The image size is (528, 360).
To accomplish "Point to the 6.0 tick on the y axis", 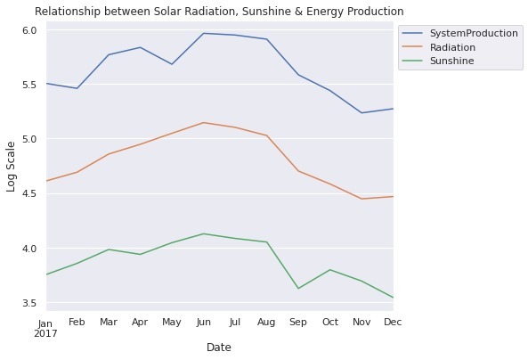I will [x=28, y=30].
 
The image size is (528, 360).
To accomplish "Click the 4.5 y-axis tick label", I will [x=28, y=193].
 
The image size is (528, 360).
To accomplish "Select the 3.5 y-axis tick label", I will [x=28, y=303].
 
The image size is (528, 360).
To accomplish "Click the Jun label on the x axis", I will [x=204, y=322].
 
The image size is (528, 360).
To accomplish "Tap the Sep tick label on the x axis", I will [x=298, y=322].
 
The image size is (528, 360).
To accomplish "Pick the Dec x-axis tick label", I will [x=392, y=322].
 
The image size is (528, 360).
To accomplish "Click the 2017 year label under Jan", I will [x=45, y=333].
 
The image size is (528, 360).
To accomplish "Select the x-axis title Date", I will [x=219, y=347].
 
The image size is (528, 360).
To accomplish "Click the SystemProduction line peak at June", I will [x=204, y=33].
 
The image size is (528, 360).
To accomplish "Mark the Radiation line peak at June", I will [x=204, y=123].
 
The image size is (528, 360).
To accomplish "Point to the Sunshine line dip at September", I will [x=298, y=288].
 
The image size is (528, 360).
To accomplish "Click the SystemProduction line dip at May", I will [x=172, y=64].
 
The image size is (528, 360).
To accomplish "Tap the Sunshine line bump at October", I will [x=329, y=269].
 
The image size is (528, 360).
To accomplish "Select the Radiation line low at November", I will [x=361, y=199].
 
